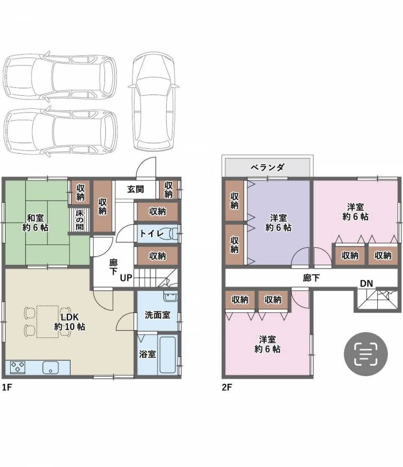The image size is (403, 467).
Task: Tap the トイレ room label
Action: pos(152,233)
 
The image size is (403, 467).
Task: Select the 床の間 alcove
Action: pos(80,220)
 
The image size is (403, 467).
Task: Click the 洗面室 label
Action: pos(157,315)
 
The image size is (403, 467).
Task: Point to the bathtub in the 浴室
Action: pos(168,355)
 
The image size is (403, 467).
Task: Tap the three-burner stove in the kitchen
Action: pos(17,367)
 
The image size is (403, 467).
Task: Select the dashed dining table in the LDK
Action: pos(47,322)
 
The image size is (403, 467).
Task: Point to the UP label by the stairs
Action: pos(126,278)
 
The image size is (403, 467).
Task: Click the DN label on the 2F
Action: pos(366,283)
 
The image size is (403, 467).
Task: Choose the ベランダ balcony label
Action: pos(267,167)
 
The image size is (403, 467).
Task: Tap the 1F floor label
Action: pos(7,387)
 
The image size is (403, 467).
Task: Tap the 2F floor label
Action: pos(227,387)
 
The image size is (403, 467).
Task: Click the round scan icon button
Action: pos(366,354)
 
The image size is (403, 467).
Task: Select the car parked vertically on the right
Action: pos(154,101)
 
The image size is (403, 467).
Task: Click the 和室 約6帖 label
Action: pos(35,222)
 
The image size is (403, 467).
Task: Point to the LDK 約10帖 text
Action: pos(70,322)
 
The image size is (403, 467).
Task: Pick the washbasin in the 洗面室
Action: pos(170,297)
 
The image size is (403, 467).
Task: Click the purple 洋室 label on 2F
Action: pos(279,222)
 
